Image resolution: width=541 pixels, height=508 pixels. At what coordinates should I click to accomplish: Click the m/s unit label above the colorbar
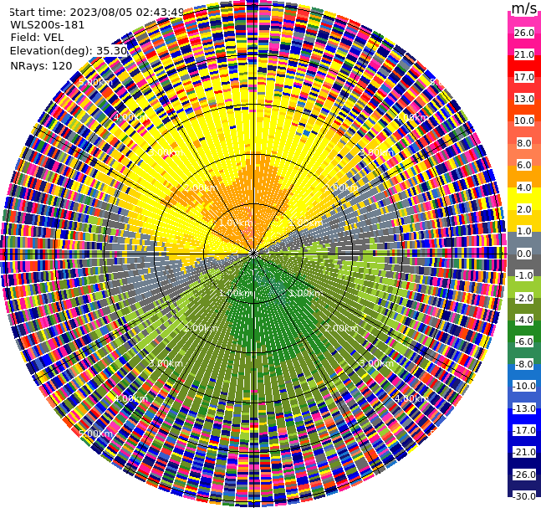point(524,8)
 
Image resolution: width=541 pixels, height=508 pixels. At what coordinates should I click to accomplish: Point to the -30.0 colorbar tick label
point(524,496)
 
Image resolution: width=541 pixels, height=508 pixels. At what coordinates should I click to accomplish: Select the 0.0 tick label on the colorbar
point(524,254)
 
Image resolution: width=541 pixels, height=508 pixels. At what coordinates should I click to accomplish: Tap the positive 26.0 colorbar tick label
point(524,33)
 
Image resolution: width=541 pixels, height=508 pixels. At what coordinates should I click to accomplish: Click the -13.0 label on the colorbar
point(524,408)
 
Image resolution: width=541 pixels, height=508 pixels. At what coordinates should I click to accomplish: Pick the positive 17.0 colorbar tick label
point(524,77)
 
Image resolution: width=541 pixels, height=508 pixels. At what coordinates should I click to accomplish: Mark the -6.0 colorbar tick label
point(524,341)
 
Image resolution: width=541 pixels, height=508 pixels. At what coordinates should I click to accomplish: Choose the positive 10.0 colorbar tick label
point(524,121)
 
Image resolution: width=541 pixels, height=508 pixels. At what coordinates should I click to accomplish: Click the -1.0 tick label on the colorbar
point(524,275)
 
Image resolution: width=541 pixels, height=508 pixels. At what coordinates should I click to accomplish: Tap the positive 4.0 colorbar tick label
point(524,187)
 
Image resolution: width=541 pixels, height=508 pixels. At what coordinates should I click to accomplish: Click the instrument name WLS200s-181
point(48,24)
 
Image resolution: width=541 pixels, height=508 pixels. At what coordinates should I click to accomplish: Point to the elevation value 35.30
point(111,50)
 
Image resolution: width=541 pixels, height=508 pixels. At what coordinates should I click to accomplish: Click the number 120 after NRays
point(62,65)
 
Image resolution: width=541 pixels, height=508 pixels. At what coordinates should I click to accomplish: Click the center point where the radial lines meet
point(253,253)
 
